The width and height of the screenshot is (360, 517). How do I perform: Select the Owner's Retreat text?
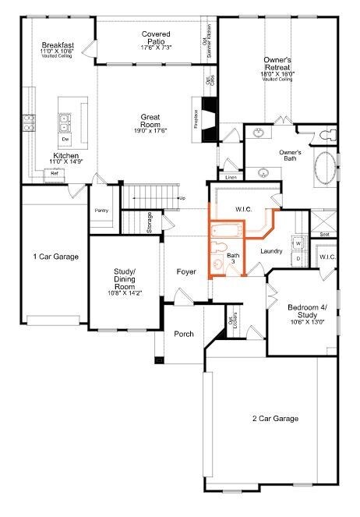pos(277,64)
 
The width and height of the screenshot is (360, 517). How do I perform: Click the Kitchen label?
pos(65,157)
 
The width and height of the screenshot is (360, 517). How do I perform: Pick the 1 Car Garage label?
pos(55,256)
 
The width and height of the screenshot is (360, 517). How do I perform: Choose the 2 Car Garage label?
pos(276,419)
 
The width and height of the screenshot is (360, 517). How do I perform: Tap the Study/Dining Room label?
pos(124,278)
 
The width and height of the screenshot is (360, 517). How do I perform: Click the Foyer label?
pos(186,272)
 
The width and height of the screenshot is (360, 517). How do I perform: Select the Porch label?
pos(184,334)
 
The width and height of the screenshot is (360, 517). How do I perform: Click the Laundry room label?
pos(271,250)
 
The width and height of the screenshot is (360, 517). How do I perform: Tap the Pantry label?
pos(101,211)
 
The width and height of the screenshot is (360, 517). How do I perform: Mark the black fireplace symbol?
pos(206,119)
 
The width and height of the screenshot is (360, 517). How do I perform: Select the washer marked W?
pos(297,243)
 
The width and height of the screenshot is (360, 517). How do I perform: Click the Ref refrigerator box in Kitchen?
pos(55,174)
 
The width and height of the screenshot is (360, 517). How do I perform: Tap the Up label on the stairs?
pos(182,198)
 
